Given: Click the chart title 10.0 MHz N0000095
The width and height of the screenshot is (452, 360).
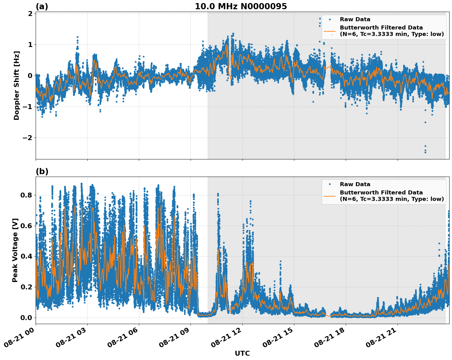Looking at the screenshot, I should (x=241, y=6).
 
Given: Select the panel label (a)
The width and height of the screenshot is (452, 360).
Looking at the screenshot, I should (x=42, y=6).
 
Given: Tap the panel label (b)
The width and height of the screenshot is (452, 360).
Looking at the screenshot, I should (x=42, y=171).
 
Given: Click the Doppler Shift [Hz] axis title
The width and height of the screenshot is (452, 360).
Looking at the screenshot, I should (x=17, y=85).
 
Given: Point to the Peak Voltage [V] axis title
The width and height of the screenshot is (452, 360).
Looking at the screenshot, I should (x=15, y=250).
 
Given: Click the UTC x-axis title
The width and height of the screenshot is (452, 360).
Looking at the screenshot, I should (x=242, y=353).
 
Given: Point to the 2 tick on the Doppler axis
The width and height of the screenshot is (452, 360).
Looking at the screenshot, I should (x=30, y=14).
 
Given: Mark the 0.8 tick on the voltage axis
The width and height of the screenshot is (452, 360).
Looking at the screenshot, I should (x=26, y=195).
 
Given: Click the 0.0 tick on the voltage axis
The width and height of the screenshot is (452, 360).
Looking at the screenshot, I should (x=26, y=317).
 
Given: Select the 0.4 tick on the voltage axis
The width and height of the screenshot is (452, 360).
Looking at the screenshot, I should (x=26, y=256).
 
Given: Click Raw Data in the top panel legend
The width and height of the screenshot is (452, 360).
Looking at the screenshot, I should (x=355, y=19).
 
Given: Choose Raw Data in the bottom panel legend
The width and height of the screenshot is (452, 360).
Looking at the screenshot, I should (x=355, y=184).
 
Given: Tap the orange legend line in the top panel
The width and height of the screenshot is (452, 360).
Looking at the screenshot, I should (x=330, y=31).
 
